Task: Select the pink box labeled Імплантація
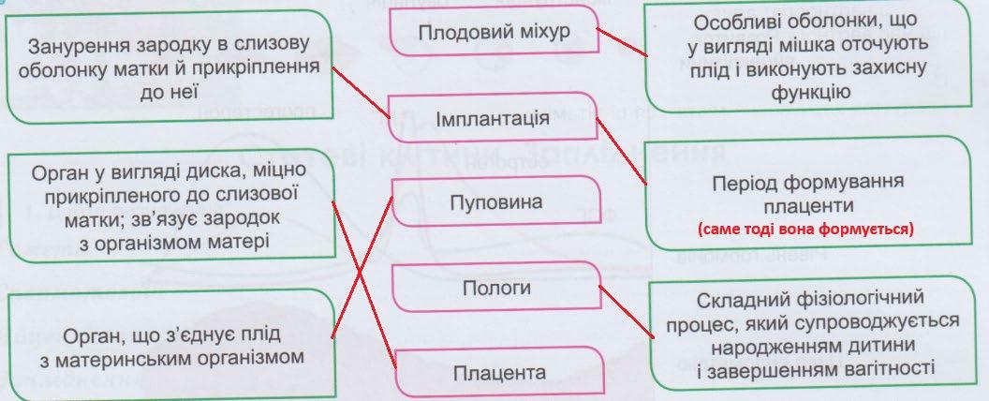(x=493, y=119)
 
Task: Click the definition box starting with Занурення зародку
(x=169, y=67)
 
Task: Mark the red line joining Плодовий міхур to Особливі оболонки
(x=619, y=42)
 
